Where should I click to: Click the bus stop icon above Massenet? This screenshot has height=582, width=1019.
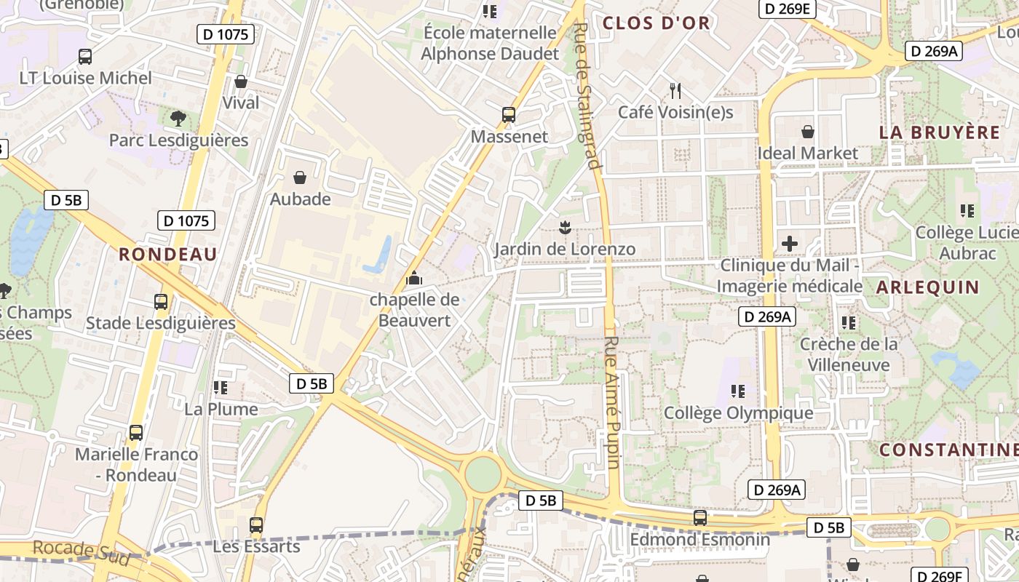point(508,115)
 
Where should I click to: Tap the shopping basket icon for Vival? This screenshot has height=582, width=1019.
point(240,81)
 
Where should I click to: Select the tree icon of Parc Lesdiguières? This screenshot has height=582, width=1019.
point(178,118)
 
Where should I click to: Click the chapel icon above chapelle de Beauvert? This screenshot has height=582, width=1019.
point(414,278)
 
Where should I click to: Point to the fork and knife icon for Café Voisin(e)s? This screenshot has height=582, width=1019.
point(675,91)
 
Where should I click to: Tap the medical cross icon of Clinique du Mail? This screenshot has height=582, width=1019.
point(790,244)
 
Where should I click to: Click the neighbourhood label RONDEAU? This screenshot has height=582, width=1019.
point(168,254)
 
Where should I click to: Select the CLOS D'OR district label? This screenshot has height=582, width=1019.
point(656,23)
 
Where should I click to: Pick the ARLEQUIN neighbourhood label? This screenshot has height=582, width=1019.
point(928,287)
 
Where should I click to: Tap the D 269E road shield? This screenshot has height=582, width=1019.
point(788,9)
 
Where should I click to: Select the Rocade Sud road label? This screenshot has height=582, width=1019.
point(82,552)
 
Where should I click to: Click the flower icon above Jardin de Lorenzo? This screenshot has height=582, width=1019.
point(563,227)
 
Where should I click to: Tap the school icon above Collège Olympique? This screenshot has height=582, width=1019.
point(738,391)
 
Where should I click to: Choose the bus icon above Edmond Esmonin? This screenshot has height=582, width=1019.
point(699,518)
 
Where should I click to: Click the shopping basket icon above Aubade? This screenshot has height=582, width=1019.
point(300,178)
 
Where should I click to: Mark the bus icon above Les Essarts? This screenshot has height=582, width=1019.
point(256,525)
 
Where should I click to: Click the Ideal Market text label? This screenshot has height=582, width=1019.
point(808,154)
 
